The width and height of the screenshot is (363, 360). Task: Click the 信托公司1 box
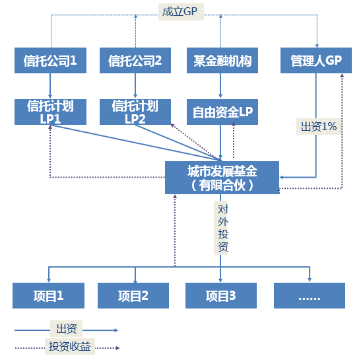click(50, 61)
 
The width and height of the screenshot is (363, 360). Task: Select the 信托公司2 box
click(135, 61)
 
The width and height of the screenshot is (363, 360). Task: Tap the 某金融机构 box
click(221, 61)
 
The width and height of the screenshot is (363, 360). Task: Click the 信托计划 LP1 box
click(50, 111)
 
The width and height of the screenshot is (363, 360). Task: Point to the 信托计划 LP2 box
click(135, 111)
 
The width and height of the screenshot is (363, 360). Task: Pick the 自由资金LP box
click(221, 112)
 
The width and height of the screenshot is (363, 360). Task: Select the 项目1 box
click(49, 295)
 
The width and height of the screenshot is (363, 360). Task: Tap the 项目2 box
click(134, 295)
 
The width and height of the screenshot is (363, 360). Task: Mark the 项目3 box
click(221, 295)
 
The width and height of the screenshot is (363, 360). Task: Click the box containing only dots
click(309, 295)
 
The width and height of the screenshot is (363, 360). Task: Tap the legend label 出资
click(67, 328)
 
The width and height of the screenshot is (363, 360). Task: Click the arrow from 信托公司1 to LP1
click(50, 86)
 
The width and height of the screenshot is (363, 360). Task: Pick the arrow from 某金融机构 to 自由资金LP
click(221, 86)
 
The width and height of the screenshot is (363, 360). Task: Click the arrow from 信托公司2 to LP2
click(135, 86)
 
